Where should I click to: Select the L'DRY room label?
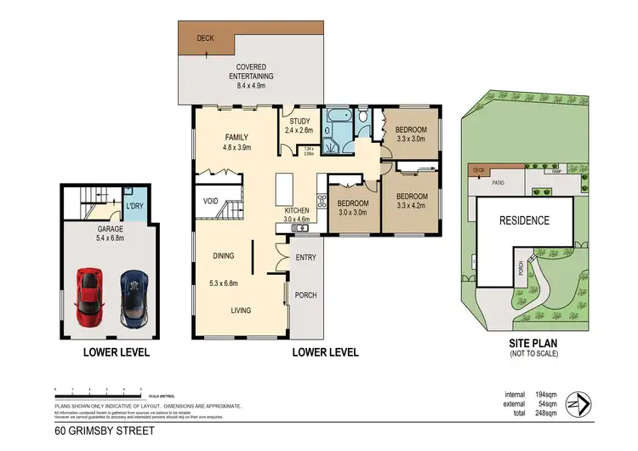(x=134, y=207)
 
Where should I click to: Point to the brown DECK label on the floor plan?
(x=205, y=38)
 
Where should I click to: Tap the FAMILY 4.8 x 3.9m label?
(x=236, y=142)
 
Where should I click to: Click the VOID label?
(x=211, y=202)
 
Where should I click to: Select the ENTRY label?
(x=305, y=256)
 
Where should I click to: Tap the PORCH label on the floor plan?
(x=305, y=297)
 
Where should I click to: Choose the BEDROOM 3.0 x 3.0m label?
(x=351, y=208)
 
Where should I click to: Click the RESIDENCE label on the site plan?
(x=523, y=220)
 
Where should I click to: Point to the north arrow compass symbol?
(x=581, y=402)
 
